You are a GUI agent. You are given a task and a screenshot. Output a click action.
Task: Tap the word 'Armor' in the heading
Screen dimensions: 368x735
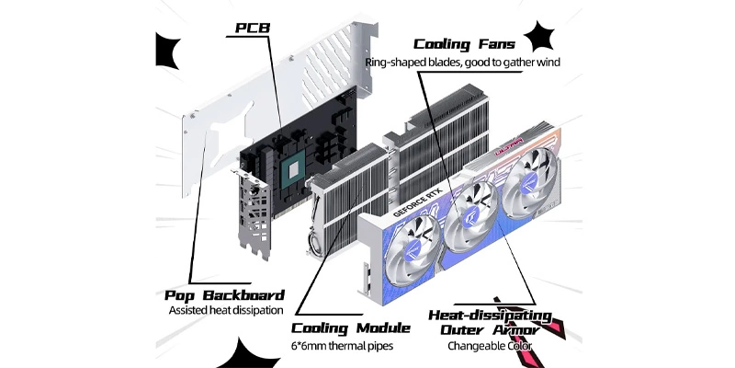click(x=521, y=329)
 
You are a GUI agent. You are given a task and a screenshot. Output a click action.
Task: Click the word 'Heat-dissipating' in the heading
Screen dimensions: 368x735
click(x=491, y=315)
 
